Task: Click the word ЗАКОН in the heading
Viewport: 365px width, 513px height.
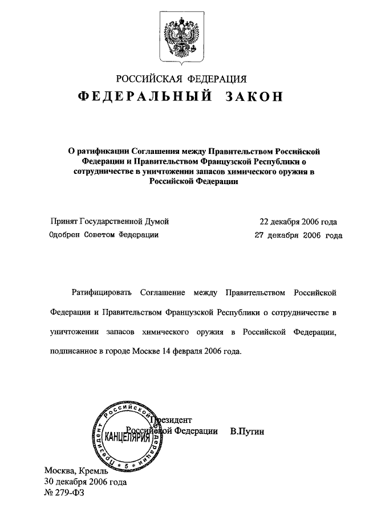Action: (x=250, y=96)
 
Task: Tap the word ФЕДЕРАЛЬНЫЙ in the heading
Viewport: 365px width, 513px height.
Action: (x=146, y=96)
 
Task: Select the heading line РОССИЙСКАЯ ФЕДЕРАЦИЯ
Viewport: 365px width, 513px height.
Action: (x=182, y=79)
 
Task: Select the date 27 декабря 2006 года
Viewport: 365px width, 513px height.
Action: (x=298, y=234)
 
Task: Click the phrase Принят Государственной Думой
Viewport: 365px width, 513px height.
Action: (x=109, y=222)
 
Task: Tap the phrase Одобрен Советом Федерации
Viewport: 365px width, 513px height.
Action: (x=104, y=234)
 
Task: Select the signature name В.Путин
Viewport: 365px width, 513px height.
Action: (x=248, y=431)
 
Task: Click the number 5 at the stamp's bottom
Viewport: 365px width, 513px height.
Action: (x=128, y=466)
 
